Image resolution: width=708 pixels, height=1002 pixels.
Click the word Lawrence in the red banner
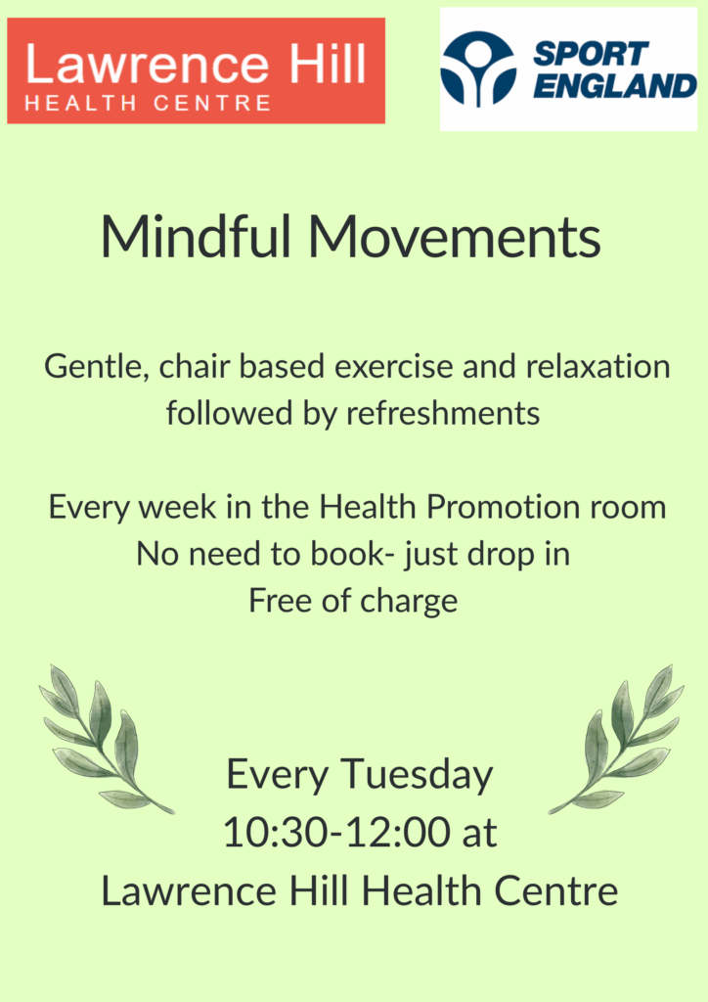147,64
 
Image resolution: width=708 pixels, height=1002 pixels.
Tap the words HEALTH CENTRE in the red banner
148,103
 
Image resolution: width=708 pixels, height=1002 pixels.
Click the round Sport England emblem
478,69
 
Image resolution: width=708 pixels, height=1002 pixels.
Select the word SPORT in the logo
591,54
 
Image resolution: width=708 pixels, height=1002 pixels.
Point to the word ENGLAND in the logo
614,86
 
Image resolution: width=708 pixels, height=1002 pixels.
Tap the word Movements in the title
455,236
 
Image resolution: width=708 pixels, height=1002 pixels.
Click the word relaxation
597,366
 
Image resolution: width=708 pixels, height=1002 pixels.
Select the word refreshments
443,413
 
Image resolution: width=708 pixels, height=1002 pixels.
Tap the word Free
281,601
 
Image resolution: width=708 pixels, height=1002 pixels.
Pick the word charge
409,602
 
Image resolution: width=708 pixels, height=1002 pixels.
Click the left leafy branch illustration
106,740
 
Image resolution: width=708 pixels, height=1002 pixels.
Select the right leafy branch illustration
616,740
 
